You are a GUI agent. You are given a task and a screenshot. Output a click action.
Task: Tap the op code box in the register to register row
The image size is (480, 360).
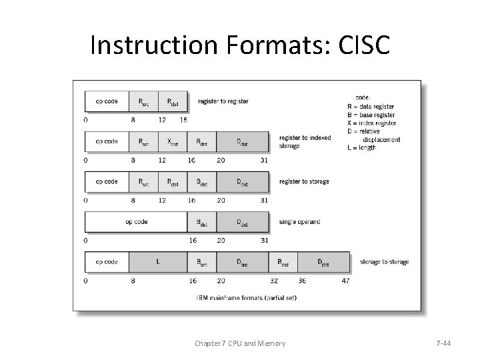(107, 101)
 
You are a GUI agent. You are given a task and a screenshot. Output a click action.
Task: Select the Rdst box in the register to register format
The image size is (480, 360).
(173, 101)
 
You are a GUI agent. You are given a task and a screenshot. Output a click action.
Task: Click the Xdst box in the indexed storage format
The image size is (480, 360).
(173, 141)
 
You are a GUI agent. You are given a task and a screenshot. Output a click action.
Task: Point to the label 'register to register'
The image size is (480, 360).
(223, 101)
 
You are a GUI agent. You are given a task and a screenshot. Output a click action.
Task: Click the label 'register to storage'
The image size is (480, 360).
(304, 181)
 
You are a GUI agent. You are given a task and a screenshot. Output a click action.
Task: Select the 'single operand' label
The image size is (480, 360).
(300, 221)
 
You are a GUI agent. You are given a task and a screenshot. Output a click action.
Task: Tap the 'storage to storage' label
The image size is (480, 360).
(384, 262)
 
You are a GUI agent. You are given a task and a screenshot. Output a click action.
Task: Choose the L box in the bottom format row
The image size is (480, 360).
(158, 262)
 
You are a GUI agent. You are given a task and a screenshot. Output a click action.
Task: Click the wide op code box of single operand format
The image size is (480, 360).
(136, 221)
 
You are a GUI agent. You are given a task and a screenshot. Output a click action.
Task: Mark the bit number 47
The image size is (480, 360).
(345, 281)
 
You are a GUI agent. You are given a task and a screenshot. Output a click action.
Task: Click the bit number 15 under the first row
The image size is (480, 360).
(184, 120)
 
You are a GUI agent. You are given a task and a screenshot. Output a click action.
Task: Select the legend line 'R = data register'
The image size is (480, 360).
(371, 107)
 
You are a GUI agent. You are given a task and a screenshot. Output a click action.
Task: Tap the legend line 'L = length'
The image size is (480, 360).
(362, 147)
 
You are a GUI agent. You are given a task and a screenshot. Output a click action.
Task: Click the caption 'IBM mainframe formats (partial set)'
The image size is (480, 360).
(247, 297)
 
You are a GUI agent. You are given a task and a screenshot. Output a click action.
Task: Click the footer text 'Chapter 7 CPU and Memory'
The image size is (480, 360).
(240, 343)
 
